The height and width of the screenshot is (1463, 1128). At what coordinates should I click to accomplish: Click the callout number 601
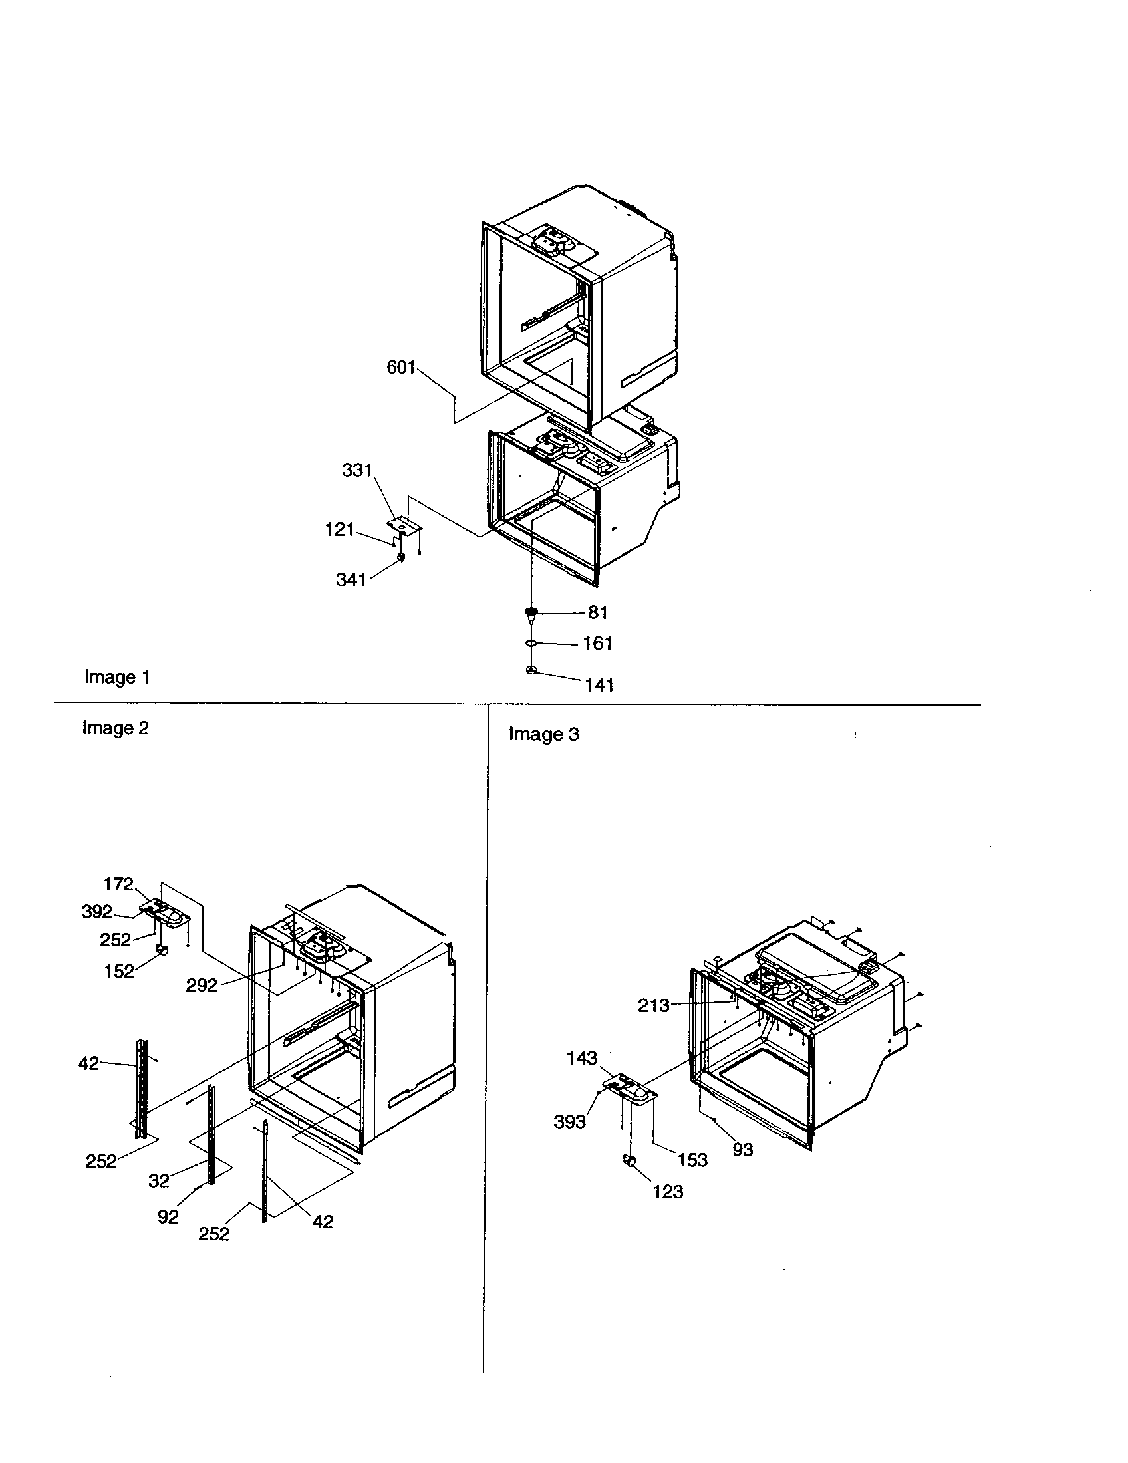pyautogui.click(x=401, y=367)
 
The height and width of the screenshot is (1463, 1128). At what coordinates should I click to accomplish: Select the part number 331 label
pyautogui.click(x=356, y=470)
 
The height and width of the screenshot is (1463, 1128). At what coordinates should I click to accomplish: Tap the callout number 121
pyautogui.click(x=339, y=529)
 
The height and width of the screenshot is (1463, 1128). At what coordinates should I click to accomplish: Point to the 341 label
pyautogui.click(x=351, y=579)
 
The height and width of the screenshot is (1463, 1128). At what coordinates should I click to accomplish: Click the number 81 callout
pyautogui.click(x=597, y=612)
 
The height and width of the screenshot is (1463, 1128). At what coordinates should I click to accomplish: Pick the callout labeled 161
pyautogui.click(x=597, y=643)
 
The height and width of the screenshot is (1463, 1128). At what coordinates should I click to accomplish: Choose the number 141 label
pyautogui.click(x=599, y=684)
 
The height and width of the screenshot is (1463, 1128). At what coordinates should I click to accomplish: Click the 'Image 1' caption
pyautogui.click(x=117, y=676)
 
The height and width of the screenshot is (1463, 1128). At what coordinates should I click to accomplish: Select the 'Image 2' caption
pyautogui.click(x=115, y=728)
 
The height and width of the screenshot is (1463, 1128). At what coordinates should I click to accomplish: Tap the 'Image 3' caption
pyautogui.click(x=543, y=734)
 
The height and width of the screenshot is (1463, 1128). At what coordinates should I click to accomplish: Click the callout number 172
pyautogui.click(x=118, y=884)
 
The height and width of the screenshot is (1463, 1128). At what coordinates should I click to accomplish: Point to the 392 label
pyautogui.click(x=97, y=912)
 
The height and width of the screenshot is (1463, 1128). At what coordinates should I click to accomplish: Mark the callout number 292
pyautogui.click(x=202, y=985)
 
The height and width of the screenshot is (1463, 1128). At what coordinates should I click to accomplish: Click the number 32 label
pyautogui.click(x=159, y=1180)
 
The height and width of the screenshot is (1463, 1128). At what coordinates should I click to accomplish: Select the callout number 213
pyautogui.click(x=653, y=1005)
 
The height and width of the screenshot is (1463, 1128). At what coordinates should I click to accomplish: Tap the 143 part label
pyautogui.click(x=581, y=1058)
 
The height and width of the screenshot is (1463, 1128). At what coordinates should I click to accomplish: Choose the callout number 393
pyautogui.click(x=569, y=1121)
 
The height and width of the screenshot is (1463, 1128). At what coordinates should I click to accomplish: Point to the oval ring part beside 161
pyautogui.click(x=531, y=644)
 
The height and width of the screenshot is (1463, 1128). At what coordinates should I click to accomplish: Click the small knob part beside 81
pyautogui.click(x=531, y=612)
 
